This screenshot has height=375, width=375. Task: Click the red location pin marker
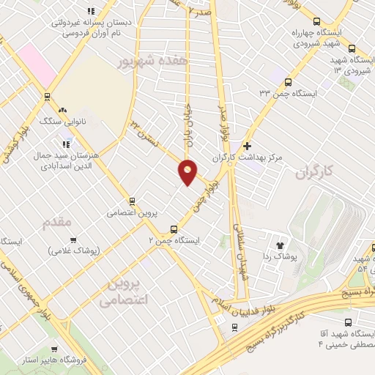188,171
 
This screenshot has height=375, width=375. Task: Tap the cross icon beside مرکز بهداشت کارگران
247,146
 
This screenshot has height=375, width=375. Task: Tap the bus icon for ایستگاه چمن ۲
174,228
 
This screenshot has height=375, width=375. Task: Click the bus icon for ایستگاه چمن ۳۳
288,83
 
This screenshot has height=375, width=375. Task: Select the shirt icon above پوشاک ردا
279,245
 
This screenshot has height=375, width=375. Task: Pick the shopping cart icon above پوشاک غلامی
73,240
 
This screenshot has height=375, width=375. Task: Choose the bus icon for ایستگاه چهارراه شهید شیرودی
316,22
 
